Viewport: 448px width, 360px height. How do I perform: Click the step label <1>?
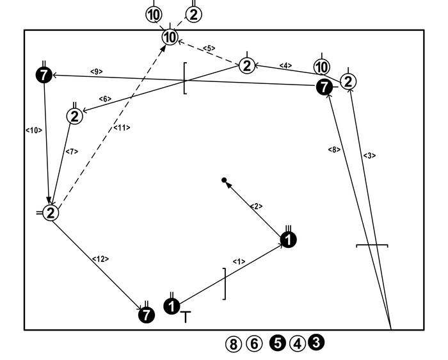pos(239,261)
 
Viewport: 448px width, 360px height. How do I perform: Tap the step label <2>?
pos(256,206)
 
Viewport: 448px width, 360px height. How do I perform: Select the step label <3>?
pos(369,156)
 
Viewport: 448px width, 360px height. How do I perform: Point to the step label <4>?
pos(286,65)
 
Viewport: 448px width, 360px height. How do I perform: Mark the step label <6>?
pos(105,99)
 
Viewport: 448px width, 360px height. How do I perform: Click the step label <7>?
pos(72,152)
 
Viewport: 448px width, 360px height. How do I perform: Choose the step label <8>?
pos(334,149)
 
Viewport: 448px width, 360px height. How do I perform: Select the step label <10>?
pos(33,130)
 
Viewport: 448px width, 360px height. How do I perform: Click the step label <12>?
pos(101,259)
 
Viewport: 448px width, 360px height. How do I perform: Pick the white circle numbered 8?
pos(234,344)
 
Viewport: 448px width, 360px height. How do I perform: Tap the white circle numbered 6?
pos(254,344)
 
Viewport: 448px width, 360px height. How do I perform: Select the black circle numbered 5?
pos(277,343)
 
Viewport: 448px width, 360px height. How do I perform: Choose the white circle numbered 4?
pos(297,343)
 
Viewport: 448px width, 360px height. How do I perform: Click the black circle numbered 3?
pos(316,343)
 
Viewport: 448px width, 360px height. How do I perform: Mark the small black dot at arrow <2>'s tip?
pos(224,181)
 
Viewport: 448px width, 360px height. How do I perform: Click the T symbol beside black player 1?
pos(186,316)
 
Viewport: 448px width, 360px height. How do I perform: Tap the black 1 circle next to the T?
pos(172,306)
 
